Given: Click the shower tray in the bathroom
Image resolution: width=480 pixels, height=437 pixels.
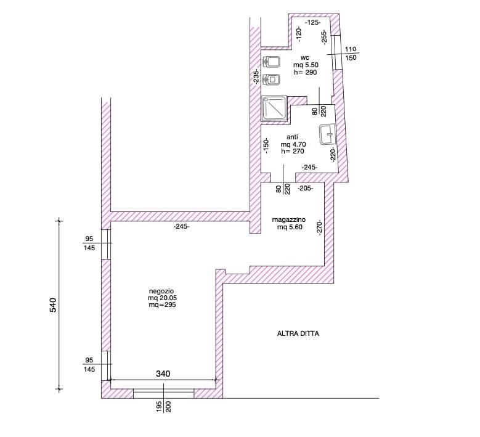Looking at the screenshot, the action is coord(274,108).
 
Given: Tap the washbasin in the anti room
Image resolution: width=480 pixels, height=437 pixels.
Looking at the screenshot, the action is coord(328,134).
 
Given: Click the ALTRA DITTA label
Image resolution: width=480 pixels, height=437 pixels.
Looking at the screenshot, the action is coord(298,333).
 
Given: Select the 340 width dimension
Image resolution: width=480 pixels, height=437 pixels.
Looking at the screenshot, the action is coord(163,374).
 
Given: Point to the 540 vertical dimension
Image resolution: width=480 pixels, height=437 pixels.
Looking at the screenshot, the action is coord(53,304).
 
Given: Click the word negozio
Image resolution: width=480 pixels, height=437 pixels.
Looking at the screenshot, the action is coord(161,291).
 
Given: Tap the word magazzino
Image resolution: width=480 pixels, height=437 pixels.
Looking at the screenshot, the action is coord(288,219).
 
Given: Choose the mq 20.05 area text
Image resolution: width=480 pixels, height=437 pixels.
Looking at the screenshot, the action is coord(163,298).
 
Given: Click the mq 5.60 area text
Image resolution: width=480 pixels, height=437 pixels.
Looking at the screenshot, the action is coord(290,227).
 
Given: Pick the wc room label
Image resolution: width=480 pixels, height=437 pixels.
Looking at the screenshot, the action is coord(305,57).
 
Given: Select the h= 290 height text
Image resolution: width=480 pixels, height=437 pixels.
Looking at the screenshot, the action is coord(305,72).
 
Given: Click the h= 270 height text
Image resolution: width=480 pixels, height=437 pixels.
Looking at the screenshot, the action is coord(293,151).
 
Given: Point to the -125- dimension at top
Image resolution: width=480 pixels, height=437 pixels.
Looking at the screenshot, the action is coord(313,22).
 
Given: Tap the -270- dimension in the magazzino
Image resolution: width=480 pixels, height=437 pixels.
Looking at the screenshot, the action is coord(320,227).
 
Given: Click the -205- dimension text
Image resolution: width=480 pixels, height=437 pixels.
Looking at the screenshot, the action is coord(306,189).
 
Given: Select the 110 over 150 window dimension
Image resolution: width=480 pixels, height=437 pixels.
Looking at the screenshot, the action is coord(351,53).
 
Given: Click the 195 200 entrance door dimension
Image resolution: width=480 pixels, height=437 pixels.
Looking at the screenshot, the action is coord(163,406).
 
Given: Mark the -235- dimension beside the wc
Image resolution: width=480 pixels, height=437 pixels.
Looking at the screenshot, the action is coord(256,76).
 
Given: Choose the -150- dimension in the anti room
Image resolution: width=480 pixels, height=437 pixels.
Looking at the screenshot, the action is coord(266,145).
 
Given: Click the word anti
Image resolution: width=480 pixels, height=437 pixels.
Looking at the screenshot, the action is coord(292,137).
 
